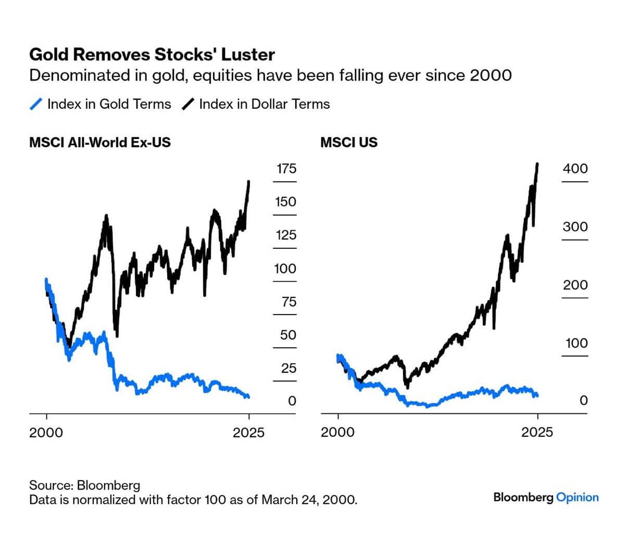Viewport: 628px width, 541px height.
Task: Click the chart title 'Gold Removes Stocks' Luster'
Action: coord(152,55)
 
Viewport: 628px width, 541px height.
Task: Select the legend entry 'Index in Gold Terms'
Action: coord(109,104)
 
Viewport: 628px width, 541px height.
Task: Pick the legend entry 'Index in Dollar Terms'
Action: coord(264,104)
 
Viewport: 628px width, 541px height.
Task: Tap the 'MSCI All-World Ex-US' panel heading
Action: coord(100,142)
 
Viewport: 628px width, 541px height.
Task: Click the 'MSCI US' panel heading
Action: coord(348,142)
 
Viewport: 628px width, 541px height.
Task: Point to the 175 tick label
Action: coord(286,168)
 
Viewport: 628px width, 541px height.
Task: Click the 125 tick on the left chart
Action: coord(286,235)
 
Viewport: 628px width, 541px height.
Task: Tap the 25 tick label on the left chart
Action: coord(288,368)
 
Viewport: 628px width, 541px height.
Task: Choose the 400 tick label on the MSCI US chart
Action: coord(575,168)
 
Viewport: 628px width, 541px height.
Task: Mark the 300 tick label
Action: coord(575,227)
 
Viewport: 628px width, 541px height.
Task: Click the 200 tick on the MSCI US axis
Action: coord(575,285)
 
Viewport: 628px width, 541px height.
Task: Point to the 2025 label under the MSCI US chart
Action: coord(537,432)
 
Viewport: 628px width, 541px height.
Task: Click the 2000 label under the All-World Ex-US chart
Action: coord(46,432)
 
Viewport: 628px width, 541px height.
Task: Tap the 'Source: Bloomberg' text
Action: coord(84,485)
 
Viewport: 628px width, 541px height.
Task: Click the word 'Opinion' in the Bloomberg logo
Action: coord(577,497)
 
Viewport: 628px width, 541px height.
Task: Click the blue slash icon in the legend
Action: coord(36,104)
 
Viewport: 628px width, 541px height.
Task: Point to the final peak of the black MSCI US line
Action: coord(537,164)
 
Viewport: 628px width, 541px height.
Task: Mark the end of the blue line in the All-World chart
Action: coord(248,397)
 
